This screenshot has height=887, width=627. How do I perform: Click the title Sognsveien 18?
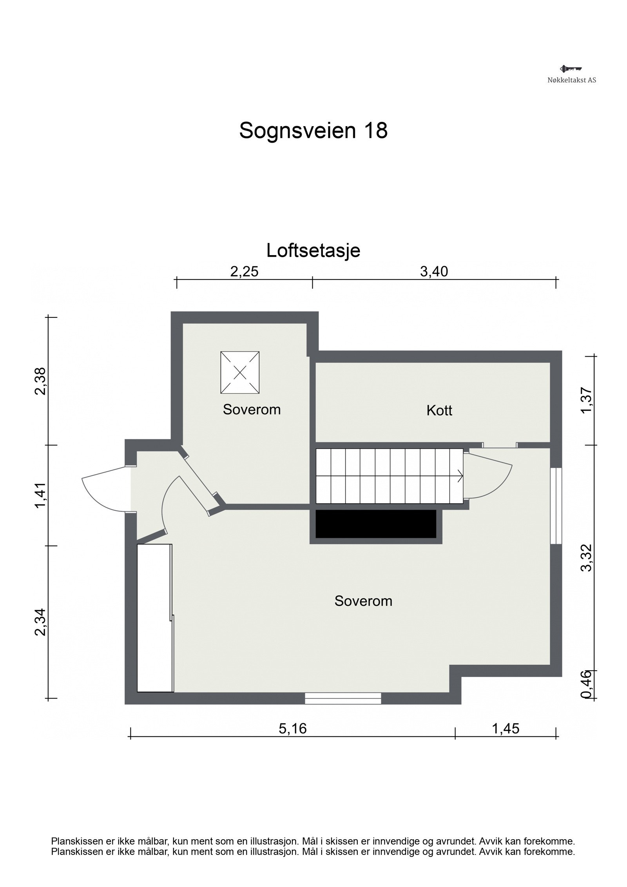[313, 131]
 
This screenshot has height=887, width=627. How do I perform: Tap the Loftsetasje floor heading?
[313, 250]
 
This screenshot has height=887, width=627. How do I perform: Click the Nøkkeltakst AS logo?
[571, 74]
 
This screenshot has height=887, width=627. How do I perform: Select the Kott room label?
[439, 411]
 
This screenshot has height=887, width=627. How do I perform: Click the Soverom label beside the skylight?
[252, 410]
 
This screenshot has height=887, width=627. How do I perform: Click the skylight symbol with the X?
[240, 372]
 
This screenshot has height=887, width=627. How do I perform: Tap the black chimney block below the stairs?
[376, 524]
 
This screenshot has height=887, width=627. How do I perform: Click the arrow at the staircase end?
[460, 476]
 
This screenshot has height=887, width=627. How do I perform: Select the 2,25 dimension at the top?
[244, 272]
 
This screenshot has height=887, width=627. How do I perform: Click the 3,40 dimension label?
[434, 272]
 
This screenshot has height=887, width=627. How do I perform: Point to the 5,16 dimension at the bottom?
[292, 729]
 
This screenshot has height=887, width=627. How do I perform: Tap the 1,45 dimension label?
[505, 729]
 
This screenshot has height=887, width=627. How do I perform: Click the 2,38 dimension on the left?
[41, 381]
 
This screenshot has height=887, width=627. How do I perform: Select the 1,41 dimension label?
[41, 495]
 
